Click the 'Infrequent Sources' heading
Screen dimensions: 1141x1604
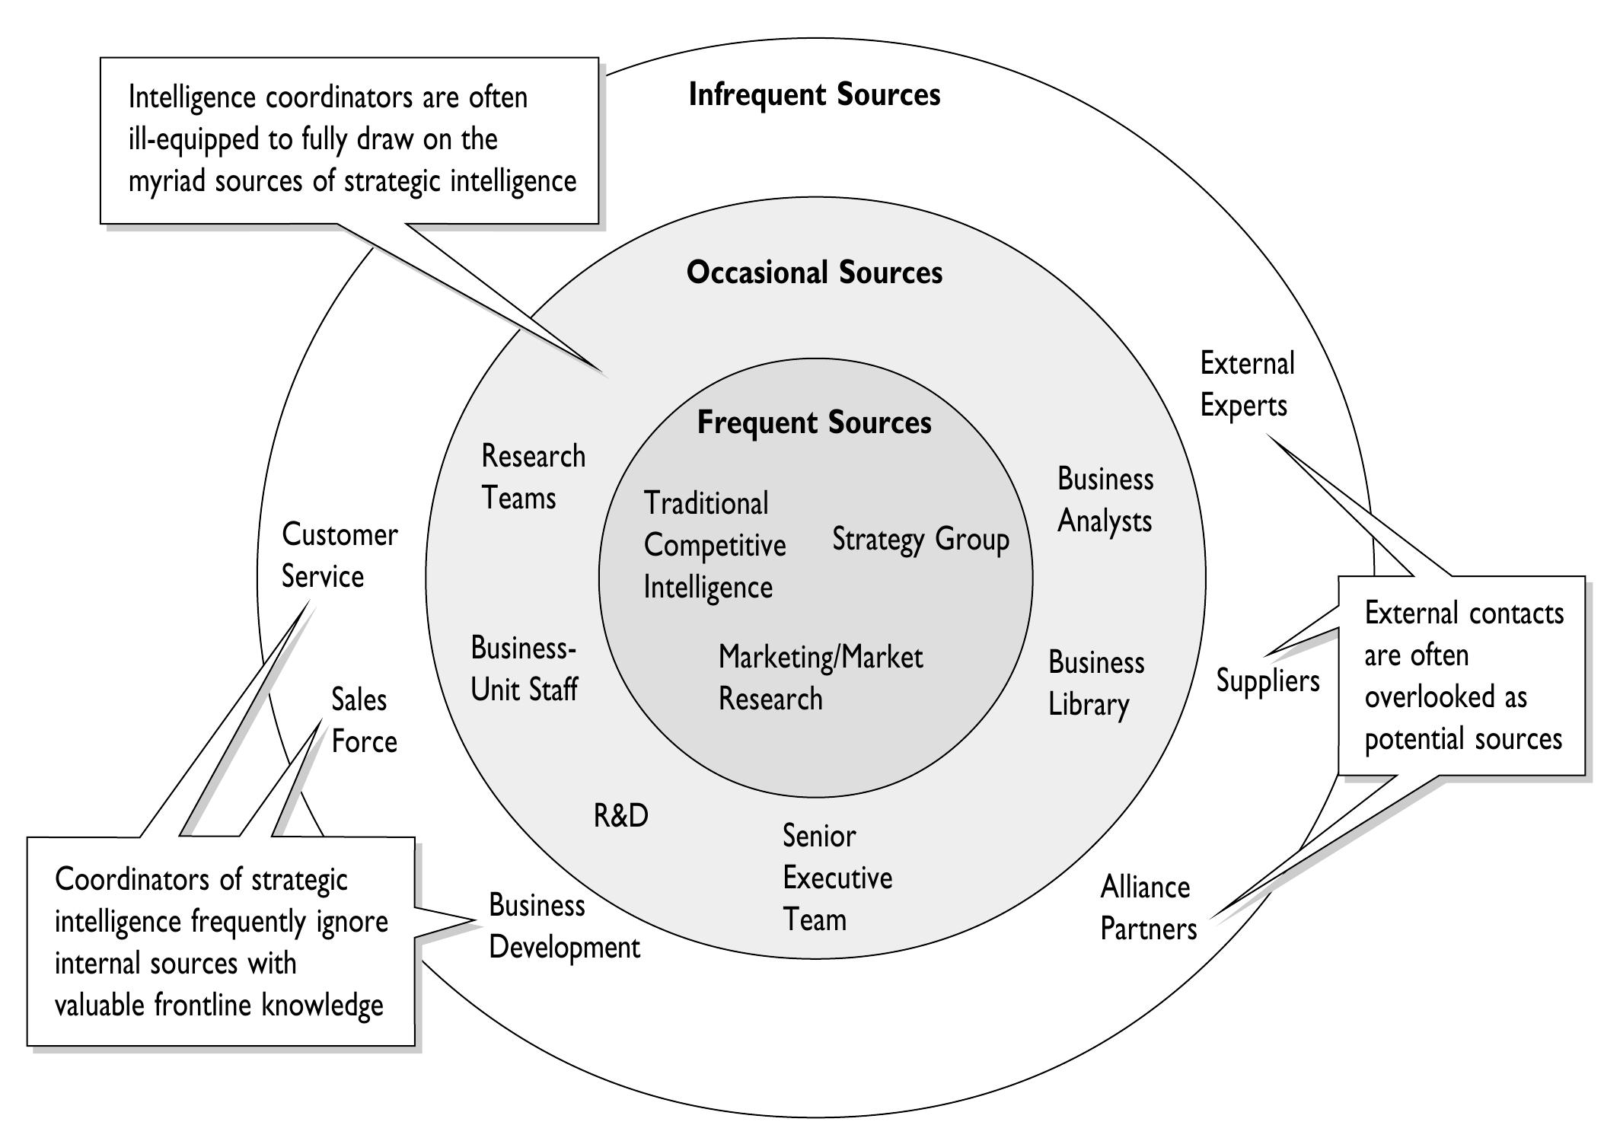[x=814, y=95]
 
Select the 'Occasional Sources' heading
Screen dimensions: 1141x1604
[x=814, y=273]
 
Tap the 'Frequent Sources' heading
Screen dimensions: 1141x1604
[x=814, y=422]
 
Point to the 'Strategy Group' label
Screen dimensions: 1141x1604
[x=920, y=539]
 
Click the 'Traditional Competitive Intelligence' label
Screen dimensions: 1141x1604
[x=713, y=545]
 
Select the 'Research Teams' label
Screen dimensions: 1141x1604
[x=532, y=476]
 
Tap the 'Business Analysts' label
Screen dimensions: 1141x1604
[x=1105, y=500]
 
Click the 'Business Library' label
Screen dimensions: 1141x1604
[x=1095, y=683]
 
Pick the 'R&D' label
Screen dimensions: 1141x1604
[x=620, y=816]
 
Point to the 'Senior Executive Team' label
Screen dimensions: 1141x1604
[x=836, y=878]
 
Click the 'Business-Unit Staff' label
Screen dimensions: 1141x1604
[x=523, y=668]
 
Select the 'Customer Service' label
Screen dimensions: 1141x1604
[x=339, y=555]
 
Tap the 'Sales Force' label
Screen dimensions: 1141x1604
[x=363, y=720]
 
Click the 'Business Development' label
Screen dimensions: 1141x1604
[x=563, y=926]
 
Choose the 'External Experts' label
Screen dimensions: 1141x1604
[x=1246, y=384]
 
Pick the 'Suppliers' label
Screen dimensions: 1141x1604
[x=1267, y=680]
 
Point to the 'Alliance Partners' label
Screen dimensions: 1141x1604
[x=1148, y=908]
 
